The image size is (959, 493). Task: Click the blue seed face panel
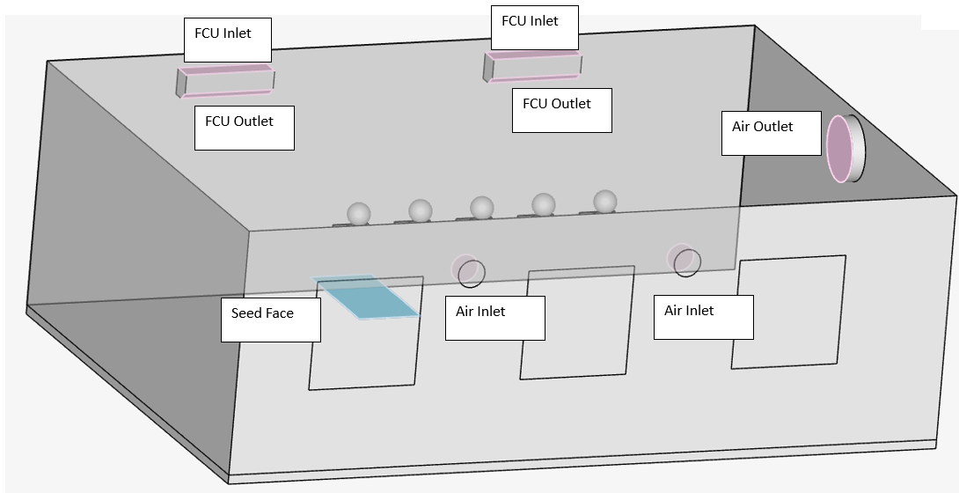coord(367,297)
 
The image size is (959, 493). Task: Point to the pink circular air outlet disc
coord(839,148)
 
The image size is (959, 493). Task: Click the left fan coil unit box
coord(226,80)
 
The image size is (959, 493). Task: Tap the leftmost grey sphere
coord(359,214)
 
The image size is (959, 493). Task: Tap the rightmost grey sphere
coord(605,201)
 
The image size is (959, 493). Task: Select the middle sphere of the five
coord(481,208)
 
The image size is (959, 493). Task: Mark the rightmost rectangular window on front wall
coord(788,312)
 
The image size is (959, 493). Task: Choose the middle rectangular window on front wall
coord(577,323)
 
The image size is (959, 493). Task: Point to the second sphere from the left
coord(421,210)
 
